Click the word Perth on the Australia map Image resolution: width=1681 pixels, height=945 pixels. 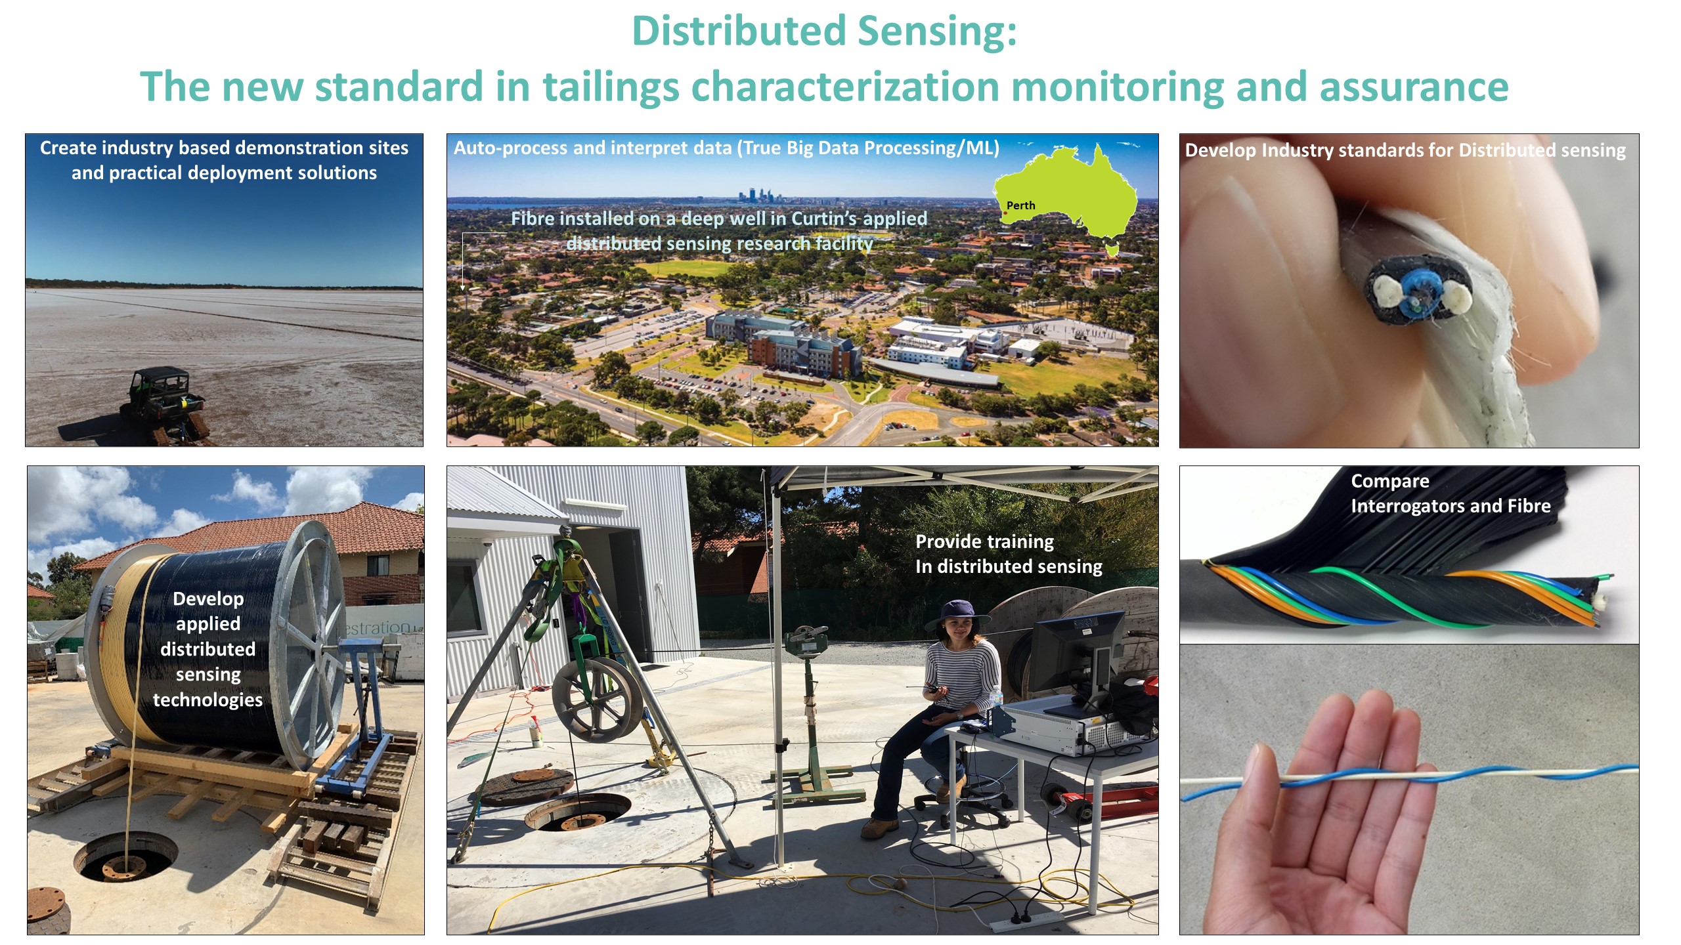(1020, 205)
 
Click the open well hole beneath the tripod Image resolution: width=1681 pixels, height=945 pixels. (578, 812)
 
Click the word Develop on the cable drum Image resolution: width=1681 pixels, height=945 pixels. (208, 598)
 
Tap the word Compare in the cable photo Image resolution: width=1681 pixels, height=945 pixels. (1390, 481)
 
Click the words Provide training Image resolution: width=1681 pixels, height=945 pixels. (984, 541)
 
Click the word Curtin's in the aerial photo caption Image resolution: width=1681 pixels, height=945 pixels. (827, 219)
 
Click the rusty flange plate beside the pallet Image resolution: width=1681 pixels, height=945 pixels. (47, 910)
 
